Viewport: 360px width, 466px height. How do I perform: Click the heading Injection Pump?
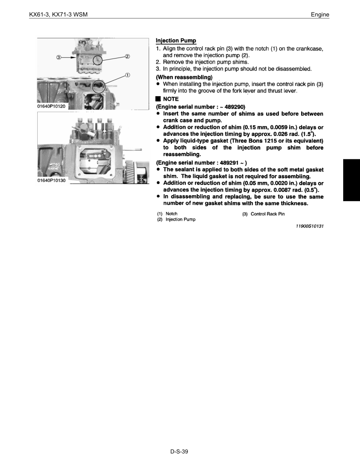click(x=176, y=40)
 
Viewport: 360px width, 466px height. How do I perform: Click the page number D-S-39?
click(x=180, y=452)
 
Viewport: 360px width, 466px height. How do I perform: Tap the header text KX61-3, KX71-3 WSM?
click(x=58, y=15)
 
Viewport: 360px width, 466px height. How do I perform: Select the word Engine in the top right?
click(x=320, y=15)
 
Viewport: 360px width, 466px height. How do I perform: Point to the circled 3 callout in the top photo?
click(x=58, y=57)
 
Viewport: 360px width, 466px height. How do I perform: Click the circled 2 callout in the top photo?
click(x=127, y=56)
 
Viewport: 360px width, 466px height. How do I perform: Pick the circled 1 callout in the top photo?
click(x=128, y=75)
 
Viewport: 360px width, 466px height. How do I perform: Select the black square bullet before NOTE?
click(x=158, y=99)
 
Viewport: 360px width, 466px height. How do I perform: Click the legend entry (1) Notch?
click(x=167, y=214)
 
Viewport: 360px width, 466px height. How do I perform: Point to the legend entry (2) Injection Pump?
click(x=176, y=219)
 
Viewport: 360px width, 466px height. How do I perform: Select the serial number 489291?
click(x=226, y=162)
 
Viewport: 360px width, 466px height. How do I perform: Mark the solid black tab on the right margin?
click(x=351, y=180)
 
